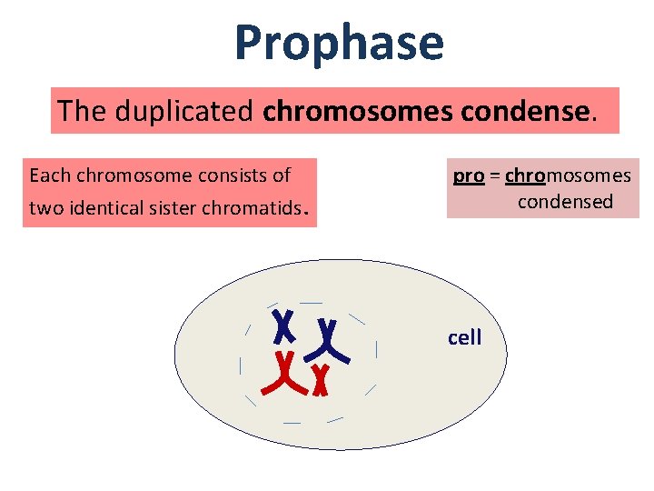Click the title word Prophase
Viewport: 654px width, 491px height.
coord(339,44)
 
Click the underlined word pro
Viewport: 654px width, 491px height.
coord(468,175)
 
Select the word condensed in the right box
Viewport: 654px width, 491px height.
coord(565,201)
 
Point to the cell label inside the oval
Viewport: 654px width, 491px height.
coord(464,337)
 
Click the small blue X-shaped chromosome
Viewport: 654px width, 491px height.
coord(285,323)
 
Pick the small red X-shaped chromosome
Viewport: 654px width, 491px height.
coord(319,379)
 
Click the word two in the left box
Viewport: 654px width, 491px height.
coord(43,208)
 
